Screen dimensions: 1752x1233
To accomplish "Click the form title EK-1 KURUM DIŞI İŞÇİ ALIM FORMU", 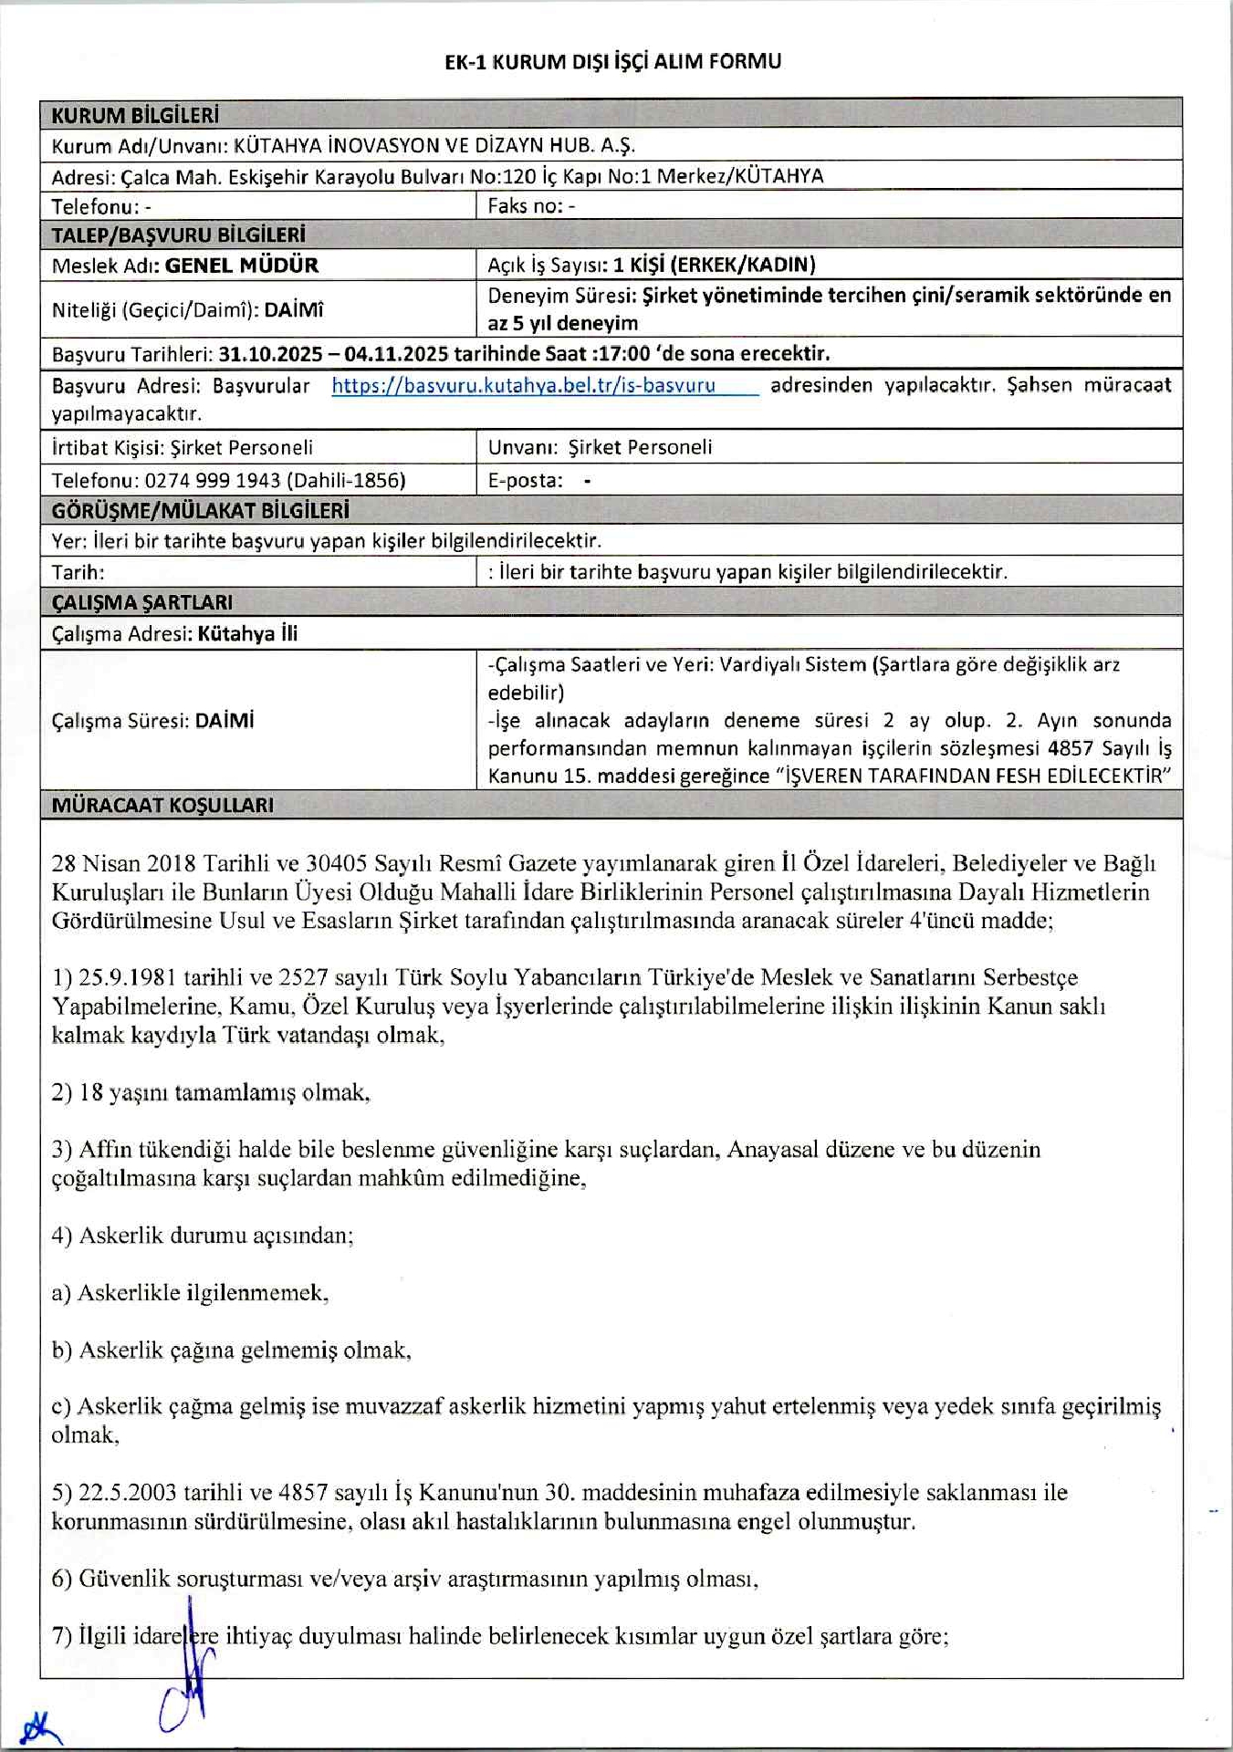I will coord(612,61).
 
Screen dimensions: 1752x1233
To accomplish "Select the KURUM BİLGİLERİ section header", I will coord(135,115).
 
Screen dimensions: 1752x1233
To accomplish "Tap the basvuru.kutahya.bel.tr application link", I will coord(523,385).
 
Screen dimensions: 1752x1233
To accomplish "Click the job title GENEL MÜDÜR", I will coord(241,266).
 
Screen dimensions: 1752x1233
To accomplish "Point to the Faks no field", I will coord(531,205).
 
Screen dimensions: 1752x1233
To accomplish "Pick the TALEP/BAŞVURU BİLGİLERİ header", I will coord(178,235).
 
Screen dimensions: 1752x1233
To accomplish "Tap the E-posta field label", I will coord(525,480).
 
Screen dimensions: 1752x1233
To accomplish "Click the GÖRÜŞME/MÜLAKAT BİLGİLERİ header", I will coord(200,510).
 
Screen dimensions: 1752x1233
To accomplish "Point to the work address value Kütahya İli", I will coord(247,633).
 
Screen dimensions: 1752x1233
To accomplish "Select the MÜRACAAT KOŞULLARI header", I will coord(162,805).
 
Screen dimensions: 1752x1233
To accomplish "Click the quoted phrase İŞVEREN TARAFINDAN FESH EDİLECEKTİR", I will coord(976,776).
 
